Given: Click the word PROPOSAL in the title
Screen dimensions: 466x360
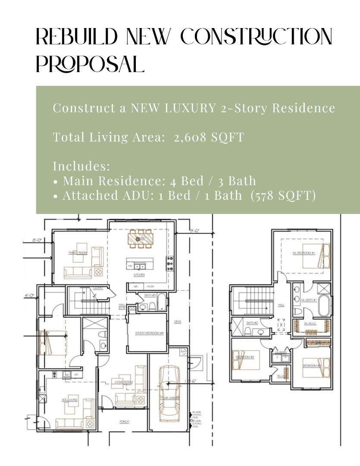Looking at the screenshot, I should (90, 64).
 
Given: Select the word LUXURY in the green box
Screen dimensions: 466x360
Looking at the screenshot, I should (190, 108).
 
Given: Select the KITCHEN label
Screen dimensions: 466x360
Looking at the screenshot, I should (139, 275).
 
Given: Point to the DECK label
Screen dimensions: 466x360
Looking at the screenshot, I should (178, 321).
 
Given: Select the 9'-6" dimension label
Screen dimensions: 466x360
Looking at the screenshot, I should (194, 230).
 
